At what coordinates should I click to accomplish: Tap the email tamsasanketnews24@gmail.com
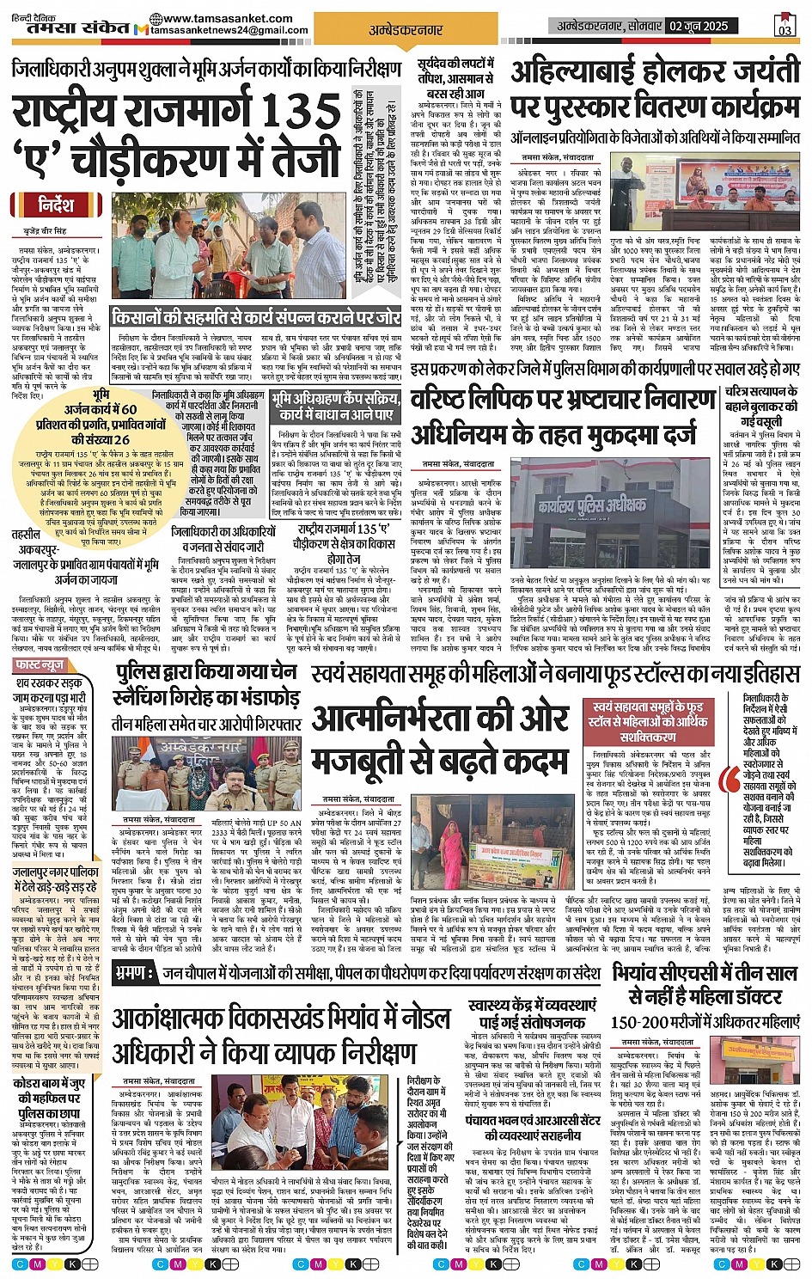[229, 30]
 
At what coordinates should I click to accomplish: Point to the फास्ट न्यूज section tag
[43, 666]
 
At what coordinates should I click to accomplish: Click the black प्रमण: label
[135, 973]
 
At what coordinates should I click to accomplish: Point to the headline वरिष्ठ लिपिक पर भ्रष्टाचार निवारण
[563, 401]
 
